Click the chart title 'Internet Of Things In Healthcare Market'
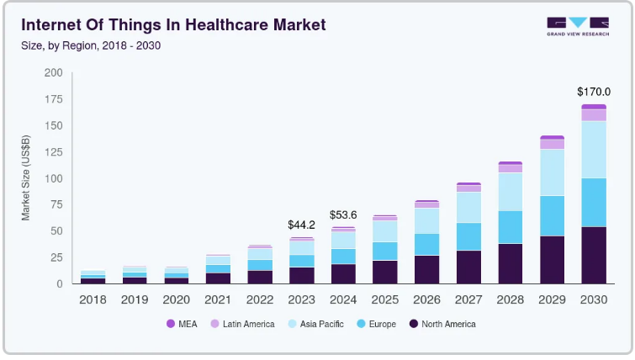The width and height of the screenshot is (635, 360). (173, 24)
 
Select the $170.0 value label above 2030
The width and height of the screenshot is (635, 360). (593, 91)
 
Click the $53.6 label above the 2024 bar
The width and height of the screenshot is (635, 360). (344, 214)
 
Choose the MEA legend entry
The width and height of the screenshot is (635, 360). (183, 324)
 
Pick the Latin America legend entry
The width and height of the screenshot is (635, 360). (242, 324)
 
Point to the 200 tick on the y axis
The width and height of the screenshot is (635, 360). (53, 73)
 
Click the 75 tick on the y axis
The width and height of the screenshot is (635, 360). (56, 204)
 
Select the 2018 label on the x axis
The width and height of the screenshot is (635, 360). (93, 299)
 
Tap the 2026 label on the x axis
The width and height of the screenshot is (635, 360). (427, 299)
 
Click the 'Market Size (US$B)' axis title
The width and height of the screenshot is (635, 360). (26, 178)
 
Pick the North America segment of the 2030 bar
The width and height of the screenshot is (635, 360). (593, 255)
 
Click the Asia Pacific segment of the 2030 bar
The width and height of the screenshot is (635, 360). (593, 149)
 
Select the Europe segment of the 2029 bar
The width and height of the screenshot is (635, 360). (552, 215)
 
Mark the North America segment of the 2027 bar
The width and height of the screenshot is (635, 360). (468, 267)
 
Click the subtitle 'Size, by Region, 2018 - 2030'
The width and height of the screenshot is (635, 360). (91, 45)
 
